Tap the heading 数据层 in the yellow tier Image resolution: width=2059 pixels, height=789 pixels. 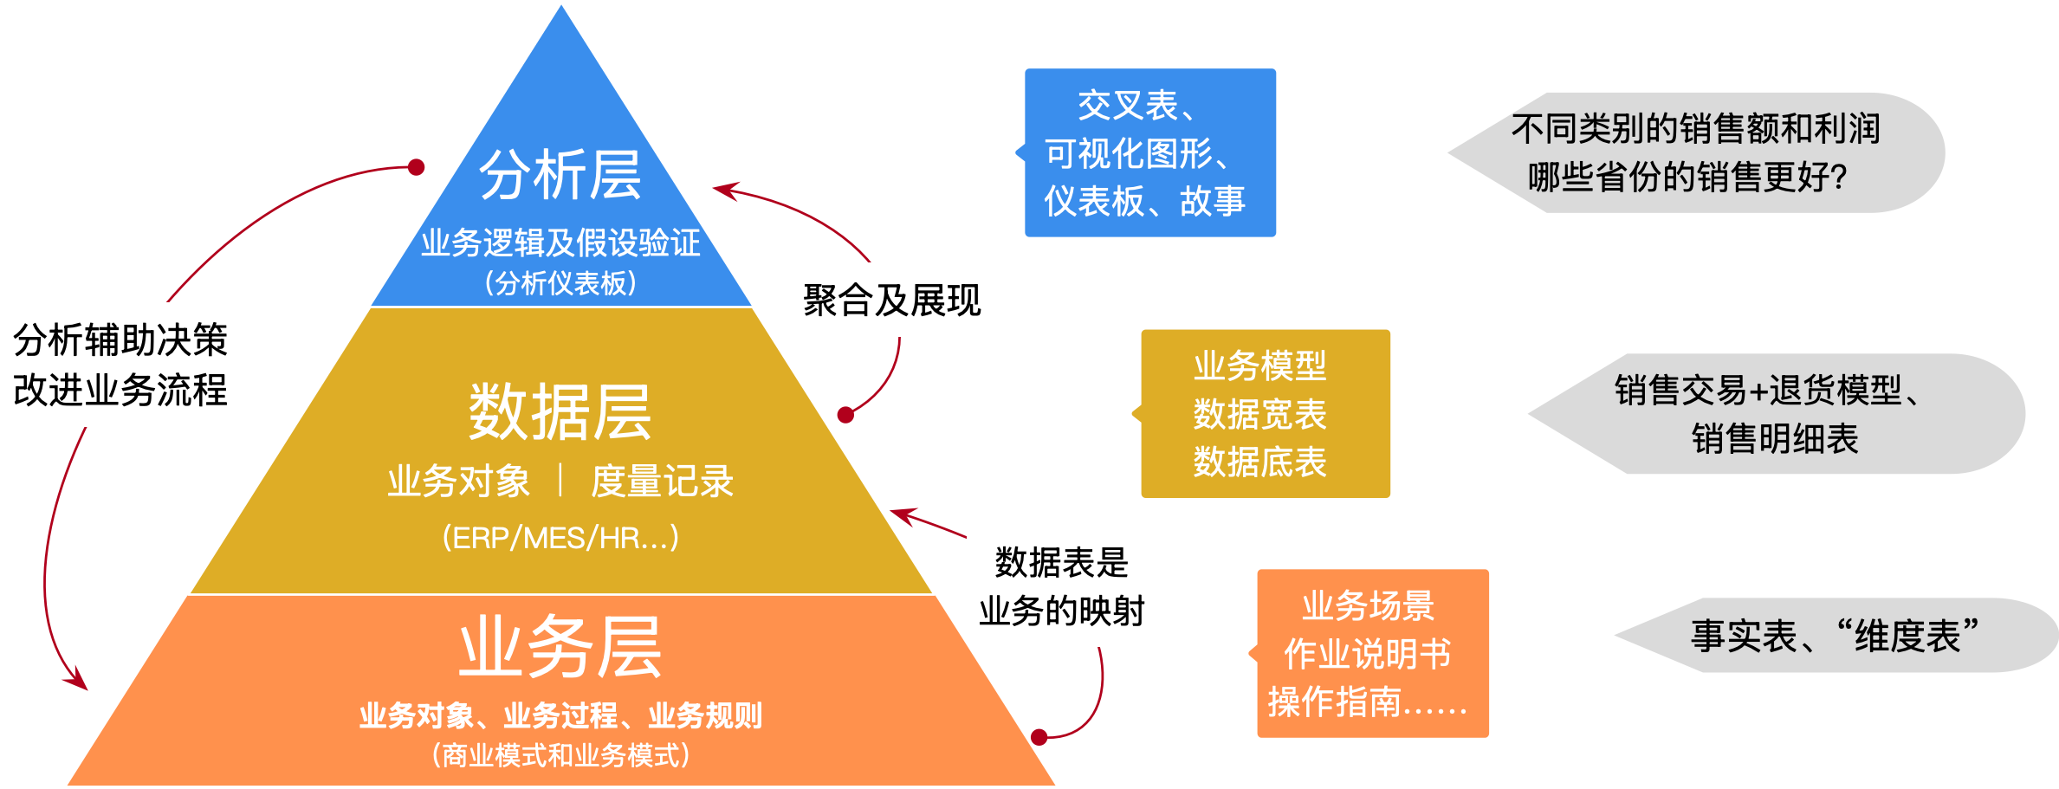(x=560, y=412)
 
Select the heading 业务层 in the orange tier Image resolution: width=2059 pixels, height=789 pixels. (x=560, y=647)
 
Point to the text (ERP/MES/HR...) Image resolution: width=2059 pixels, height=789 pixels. (x=560, y=538)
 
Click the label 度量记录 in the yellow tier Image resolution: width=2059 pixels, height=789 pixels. (x=662, y=482)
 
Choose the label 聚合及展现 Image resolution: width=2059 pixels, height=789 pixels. (x=891, y=301)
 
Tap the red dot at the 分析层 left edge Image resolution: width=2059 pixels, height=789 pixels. (x=416, y=167)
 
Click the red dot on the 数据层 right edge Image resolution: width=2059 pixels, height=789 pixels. (x=846, y=415)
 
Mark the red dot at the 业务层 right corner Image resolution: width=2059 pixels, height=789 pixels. (x=1039, y=737)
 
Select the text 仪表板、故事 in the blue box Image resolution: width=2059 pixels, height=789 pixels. (x=1144, y=202)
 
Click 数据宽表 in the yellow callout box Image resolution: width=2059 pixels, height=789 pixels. (x=1260, y=414)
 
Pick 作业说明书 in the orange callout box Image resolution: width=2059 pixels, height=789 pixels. (x=1367, y=654)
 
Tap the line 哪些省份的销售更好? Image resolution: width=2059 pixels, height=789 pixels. (x=1687, y=178)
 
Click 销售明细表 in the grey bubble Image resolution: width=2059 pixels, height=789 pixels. (x=1775, y=439)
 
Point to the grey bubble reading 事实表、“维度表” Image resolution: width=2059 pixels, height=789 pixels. (x=1835, y=636)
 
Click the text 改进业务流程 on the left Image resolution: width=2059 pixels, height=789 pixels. (x=120, y=390)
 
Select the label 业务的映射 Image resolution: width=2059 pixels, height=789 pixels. (x=1062, y=611)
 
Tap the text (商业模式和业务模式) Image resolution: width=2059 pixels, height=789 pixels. (x=560, y=756)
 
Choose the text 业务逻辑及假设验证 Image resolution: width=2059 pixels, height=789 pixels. (x=560, y=243)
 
